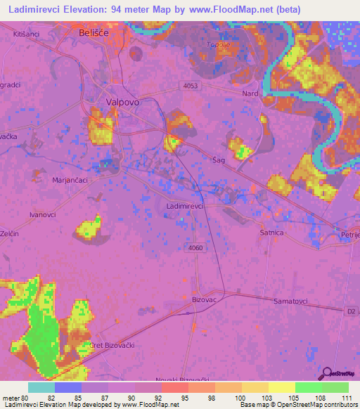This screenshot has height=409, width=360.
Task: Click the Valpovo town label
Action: (x=120, y=102)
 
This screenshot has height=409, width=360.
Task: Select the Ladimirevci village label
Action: (x=185, y=207)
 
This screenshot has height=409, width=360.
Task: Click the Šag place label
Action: (x=218, y=161)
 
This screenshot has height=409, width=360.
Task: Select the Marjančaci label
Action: (x=69, y=180)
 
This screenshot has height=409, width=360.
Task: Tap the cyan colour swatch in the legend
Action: (x=41, y=387)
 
